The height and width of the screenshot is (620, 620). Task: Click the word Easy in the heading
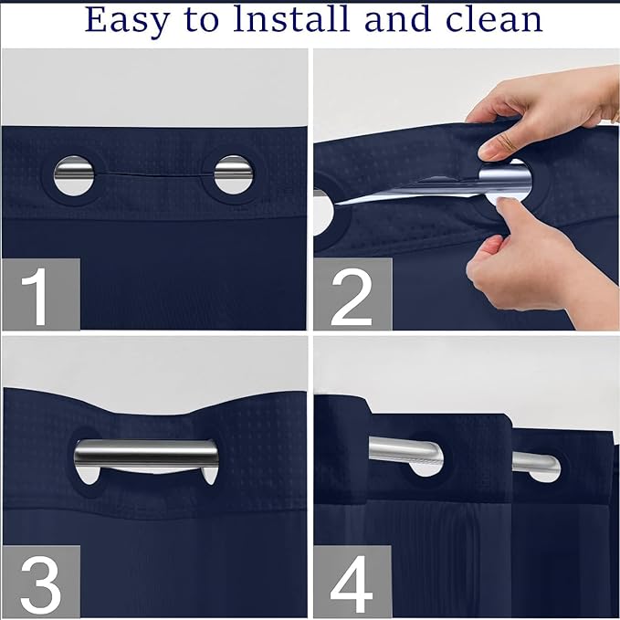click(x=127, y=20)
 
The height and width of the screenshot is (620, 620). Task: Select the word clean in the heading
click(x=491, y=20)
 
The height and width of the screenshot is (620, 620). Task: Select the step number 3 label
click(x=40, y=579)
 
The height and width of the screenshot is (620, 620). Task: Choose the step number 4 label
click(x=352, y=579)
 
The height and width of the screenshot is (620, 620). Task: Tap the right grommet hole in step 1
click(x=233, y=173)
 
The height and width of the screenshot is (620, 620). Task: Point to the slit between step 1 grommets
click(x=153, y=172)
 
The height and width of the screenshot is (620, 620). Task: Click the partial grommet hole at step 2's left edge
click(x=321, y=210)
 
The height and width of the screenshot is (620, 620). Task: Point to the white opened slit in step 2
click(x=411, y=192)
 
